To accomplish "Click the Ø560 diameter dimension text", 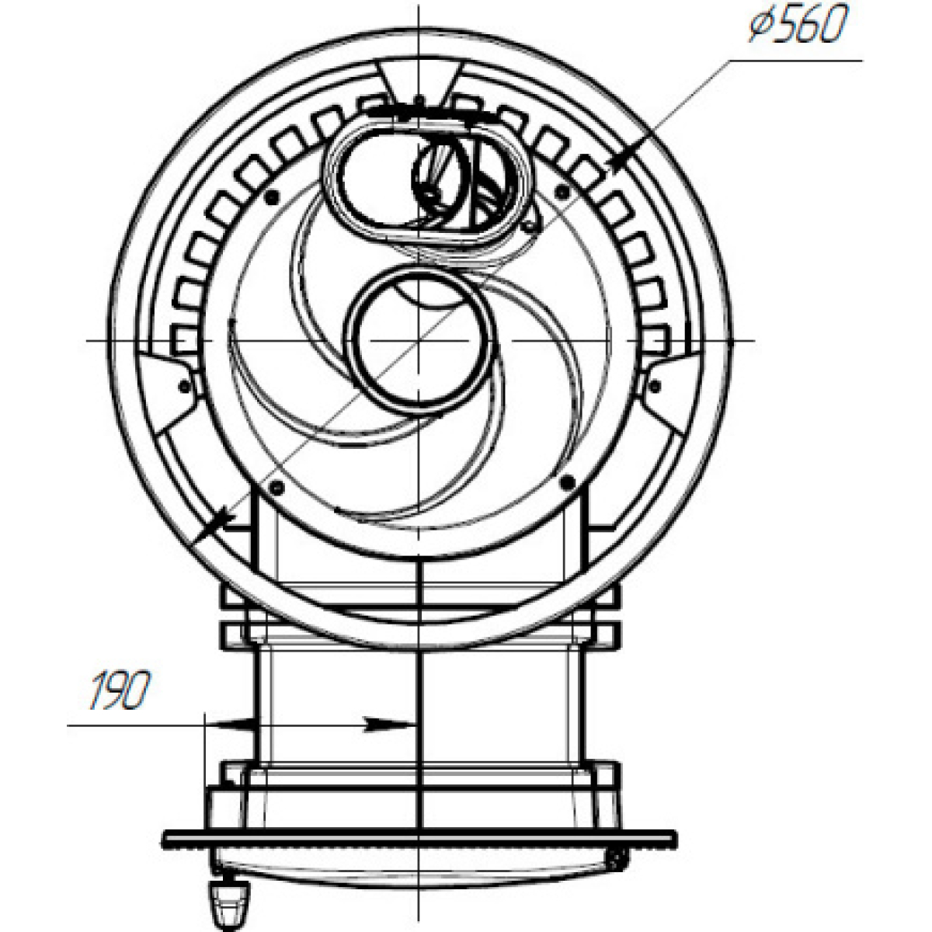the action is (x=798, y=25).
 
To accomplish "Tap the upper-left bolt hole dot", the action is (x=272, y=196).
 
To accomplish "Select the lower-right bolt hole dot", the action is (x=568, y=482).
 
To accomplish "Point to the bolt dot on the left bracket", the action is (x=184, y=386).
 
